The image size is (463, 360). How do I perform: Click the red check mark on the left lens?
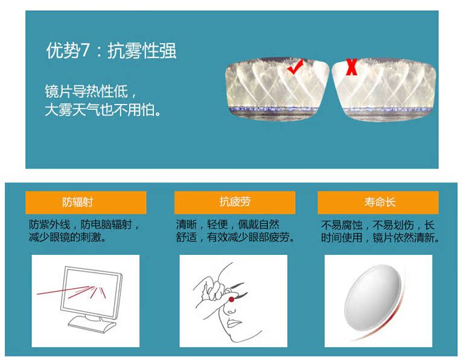pos(295,68)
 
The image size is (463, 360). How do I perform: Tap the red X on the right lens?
pos(352,67)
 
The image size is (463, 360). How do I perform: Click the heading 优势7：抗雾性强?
pos(111,50)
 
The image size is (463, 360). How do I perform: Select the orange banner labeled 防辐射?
pos(86,202)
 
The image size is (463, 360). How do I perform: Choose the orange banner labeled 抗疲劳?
pos(235,202)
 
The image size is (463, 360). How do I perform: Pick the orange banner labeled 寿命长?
pos(378,202)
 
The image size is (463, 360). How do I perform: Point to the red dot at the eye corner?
pos(232,300)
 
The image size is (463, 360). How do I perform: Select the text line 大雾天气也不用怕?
pos(103,110)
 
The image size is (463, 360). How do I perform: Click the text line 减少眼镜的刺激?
pos(68,237)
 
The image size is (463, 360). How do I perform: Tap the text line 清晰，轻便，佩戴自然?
pos(228,225)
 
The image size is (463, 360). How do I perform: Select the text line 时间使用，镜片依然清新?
pos(380,237)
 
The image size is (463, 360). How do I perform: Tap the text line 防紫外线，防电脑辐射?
pos(84,225)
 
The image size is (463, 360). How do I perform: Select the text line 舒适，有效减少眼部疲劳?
pos(235,237)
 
